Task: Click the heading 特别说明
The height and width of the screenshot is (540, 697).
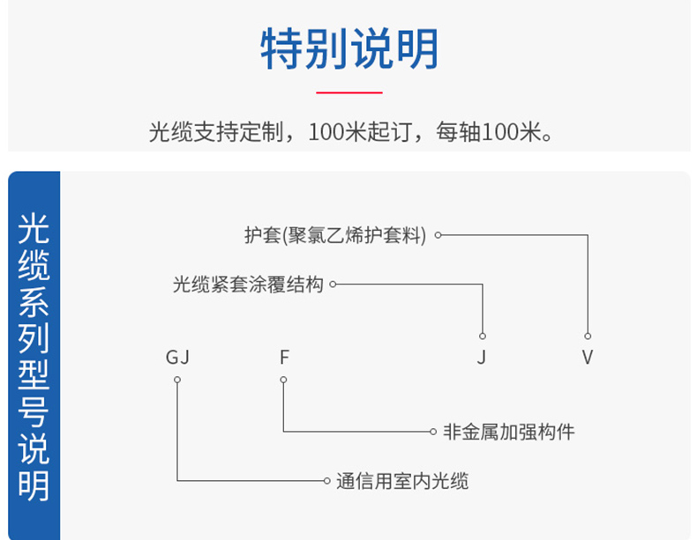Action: [x=349, y=48]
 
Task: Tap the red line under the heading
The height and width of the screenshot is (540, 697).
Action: [x=349, y=92]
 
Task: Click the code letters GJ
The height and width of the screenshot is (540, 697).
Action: [x=177, y=357]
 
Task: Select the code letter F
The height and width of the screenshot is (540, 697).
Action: [x=284, y=357]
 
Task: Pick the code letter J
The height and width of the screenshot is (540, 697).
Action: [x=482, y=357]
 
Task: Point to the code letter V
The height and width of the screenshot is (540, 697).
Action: [x=588, y=357]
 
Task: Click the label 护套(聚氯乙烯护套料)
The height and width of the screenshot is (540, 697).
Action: [x=335, y=235]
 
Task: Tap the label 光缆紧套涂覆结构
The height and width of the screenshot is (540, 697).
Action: [x=248, y=285]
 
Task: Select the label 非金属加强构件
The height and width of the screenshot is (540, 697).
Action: [x=508, y=432]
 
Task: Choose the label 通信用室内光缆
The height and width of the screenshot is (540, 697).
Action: [x=402, y=481]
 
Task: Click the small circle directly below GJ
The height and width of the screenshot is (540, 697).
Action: [x=177, y=380]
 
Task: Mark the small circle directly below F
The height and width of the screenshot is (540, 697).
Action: [x=283, y=380]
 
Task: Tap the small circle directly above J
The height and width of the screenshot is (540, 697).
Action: [x=483, y=337]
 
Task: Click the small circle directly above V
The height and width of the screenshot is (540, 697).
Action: [x=588, y=337]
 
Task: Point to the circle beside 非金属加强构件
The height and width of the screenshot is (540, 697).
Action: [x=433, y=432]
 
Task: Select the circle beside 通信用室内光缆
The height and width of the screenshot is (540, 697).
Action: [x=326, y=481]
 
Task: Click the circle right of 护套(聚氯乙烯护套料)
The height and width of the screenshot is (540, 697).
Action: [x=438, y=235]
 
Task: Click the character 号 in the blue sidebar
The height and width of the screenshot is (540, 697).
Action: [x=34, y=412]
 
